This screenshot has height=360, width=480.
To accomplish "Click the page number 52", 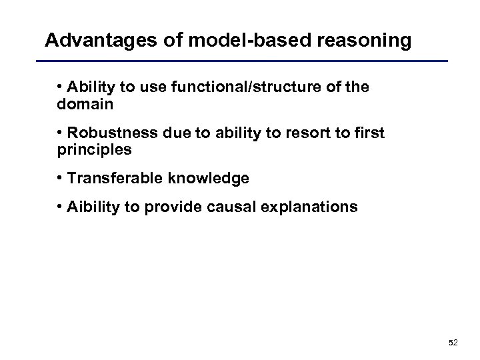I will coord(453,343).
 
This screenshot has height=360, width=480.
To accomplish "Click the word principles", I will coord(95,150).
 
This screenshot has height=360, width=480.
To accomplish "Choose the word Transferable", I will coord(112,178).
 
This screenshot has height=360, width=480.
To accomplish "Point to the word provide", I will coord(175,207).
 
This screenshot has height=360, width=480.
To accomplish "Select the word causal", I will coord(234,207).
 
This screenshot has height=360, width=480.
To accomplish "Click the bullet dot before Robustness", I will coord(60,133).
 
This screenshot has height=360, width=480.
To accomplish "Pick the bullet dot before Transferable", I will coord(60,178).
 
